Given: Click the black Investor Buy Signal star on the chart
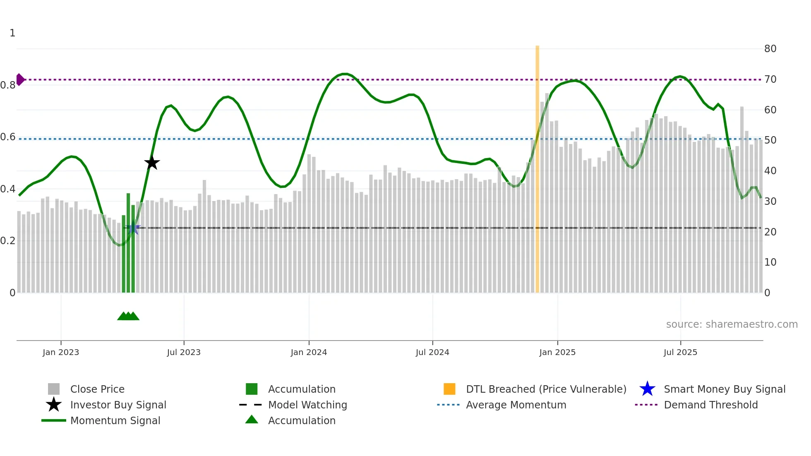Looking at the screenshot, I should (152, 163).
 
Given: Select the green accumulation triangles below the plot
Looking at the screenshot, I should (128, 316).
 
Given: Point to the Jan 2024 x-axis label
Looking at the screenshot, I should (309, 352).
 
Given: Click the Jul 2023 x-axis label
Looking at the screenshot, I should (184, 352).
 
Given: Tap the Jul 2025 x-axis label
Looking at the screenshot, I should (680, 352).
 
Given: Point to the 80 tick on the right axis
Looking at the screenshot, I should (770, 49).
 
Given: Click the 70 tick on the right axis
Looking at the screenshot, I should (770, 79).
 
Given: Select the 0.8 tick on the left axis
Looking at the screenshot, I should (8, 85).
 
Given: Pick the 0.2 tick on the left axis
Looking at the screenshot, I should (8, 241).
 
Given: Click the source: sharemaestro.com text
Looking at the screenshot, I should (732, 324).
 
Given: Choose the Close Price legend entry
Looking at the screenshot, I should (97, 389).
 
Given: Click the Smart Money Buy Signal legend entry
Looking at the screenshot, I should (724, 389).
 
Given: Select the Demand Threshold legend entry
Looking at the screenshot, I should (710, 405).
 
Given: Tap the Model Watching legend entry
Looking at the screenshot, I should (307, 405).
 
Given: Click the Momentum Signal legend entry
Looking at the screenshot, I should (115, 420).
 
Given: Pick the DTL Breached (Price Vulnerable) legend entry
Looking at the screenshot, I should (546, 389).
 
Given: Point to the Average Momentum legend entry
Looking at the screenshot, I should (516, 405).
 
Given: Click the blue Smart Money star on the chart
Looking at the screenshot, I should (133, 228).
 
